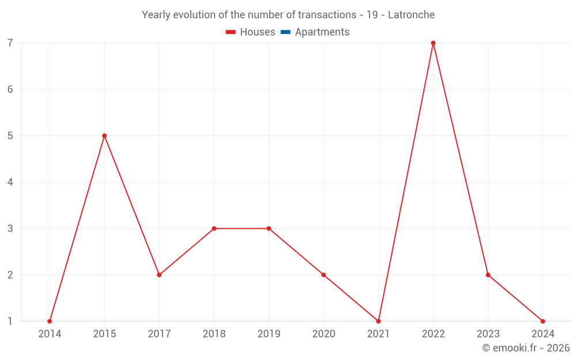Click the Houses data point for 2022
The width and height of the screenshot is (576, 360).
(433, 43)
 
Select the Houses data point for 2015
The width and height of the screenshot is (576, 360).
(104, 136)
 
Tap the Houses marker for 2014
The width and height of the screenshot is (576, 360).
(50, 321)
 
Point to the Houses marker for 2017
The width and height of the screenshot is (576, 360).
(159, 275)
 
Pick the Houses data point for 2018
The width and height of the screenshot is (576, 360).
(214, 229)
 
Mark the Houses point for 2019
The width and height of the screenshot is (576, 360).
(269, 229)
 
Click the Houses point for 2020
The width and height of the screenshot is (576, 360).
(324, 275)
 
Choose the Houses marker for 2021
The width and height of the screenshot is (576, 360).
(378, 321)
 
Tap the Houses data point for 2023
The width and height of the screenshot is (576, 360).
(488, 275)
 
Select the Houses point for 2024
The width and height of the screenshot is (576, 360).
(543, 321)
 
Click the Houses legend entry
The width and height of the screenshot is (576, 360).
(251, 32)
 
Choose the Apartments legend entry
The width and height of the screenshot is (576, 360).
(315, 32)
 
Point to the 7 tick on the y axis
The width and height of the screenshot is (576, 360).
(10, 43)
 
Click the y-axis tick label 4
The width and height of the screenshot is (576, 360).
(10, 183)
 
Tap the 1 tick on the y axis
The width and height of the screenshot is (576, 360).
(10, 321)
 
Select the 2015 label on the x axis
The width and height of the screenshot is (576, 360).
(104, 334)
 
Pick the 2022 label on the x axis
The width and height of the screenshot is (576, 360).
(433, 334)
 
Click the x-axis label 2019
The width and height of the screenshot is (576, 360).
(269, 334)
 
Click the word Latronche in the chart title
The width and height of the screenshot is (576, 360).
(411, 15)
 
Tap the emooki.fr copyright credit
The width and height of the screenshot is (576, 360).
(526, 348)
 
